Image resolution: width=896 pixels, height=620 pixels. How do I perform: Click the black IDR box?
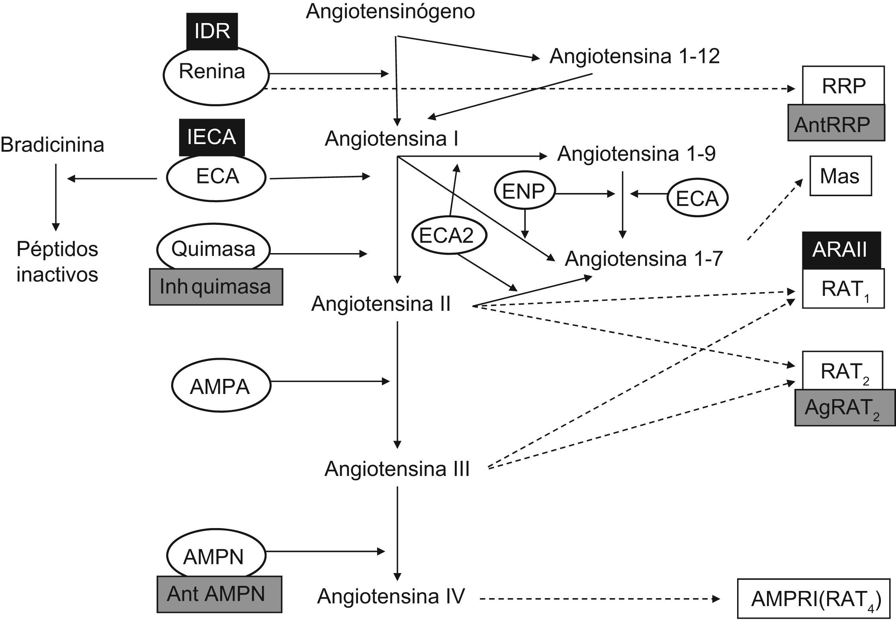(212, 31)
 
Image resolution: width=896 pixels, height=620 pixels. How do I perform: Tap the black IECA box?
(211, 137)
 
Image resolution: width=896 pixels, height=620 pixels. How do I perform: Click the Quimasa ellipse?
(213, 250)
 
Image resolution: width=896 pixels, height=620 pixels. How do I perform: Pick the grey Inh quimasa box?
(216, 287)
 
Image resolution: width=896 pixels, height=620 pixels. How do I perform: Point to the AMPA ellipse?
(221, 386)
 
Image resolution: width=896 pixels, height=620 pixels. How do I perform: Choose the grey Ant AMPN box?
(219, 594)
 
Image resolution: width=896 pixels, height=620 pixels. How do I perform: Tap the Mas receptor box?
(840, 176)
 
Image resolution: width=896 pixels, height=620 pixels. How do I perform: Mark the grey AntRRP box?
(836, 123)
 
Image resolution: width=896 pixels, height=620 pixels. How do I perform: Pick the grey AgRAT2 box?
(845, 407)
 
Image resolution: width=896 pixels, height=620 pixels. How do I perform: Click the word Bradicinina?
(53, 144)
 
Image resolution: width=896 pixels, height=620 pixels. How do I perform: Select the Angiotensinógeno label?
(390, 11)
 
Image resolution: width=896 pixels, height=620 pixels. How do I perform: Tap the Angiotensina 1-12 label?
(634, 56)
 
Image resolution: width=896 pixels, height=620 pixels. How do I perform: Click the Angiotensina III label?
(397, 468)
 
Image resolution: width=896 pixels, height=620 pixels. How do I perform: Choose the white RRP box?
(843, 86)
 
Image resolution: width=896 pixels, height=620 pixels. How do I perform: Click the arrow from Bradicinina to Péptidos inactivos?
(55, 197)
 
